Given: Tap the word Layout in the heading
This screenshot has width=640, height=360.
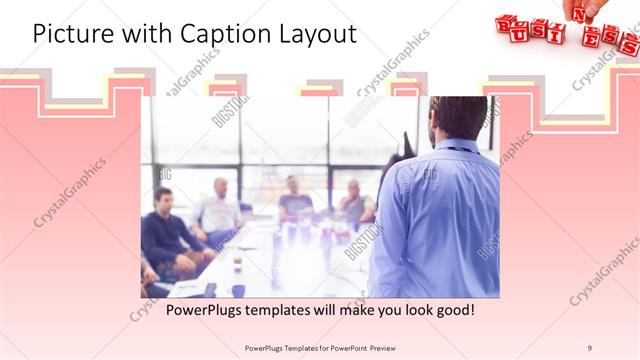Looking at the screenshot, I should click(317, 34).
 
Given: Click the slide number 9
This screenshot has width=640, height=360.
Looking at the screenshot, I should click(590, 347).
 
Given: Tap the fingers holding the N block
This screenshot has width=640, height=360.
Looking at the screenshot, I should click(594, 7).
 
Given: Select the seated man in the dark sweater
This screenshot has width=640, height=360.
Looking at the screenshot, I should click(166, 231).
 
